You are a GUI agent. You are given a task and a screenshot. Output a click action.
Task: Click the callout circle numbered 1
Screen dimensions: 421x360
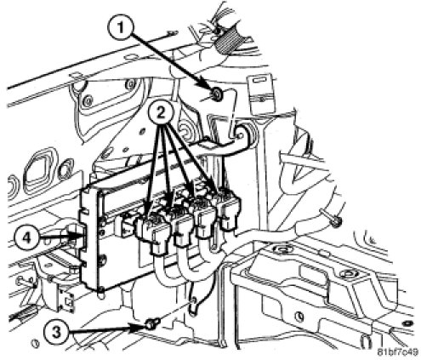pos(121,29)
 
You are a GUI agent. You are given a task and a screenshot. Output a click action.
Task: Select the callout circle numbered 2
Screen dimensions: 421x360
pos(161,113)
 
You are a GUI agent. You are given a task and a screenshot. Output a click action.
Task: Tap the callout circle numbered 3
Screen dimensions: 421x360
pos(57,332)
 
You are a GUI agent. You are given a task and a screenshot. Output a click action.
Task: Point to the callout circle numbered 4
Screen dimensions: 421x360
pos(26,237)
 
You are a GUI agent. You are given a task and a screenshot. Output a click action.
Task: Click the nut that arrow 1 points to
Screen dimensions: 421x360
pos(218,93)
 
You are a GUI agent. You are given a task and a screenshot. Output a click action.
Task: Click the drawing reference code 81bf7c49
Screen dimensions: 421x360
pos(397,352)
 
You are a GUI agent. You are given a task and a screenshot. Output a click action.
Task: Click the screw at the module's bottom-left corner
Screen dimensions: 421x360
pos(101,290)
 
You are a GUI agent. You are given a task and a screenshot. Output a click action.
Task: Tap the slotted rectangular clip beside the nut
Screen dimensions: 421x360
pos(260,93)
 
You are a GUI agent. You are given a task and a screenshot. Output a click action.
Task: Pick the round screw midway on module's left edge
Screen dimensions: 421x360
pos(103,259)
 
